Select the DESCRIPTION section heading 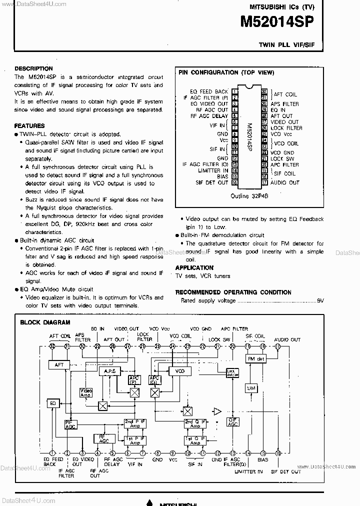[x=33, y=68]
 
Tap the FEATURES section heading [x=29, y=126]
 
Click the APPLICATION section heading [x=194, y=268]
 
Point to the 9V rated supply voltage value [x=320, y=301]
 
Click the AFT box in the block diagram [x=59, y=365]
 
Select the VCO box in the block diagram [x=180, y=371]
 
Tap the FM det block [x=255, y=359]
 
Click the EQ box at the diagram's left [x=52, y=403]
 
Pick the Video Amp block [x=86, y=393]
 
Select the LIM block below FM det [x=250, y=388]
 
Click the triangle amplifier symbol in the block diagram [x=217, y=411]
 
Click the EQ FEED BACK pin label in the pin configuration [x=209, y=91]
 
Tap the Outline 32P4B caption [x=249, y=196]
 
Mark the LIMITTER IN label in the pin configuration [x=213, y=170]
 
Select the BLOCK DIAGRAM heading [x=45, y=322]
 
